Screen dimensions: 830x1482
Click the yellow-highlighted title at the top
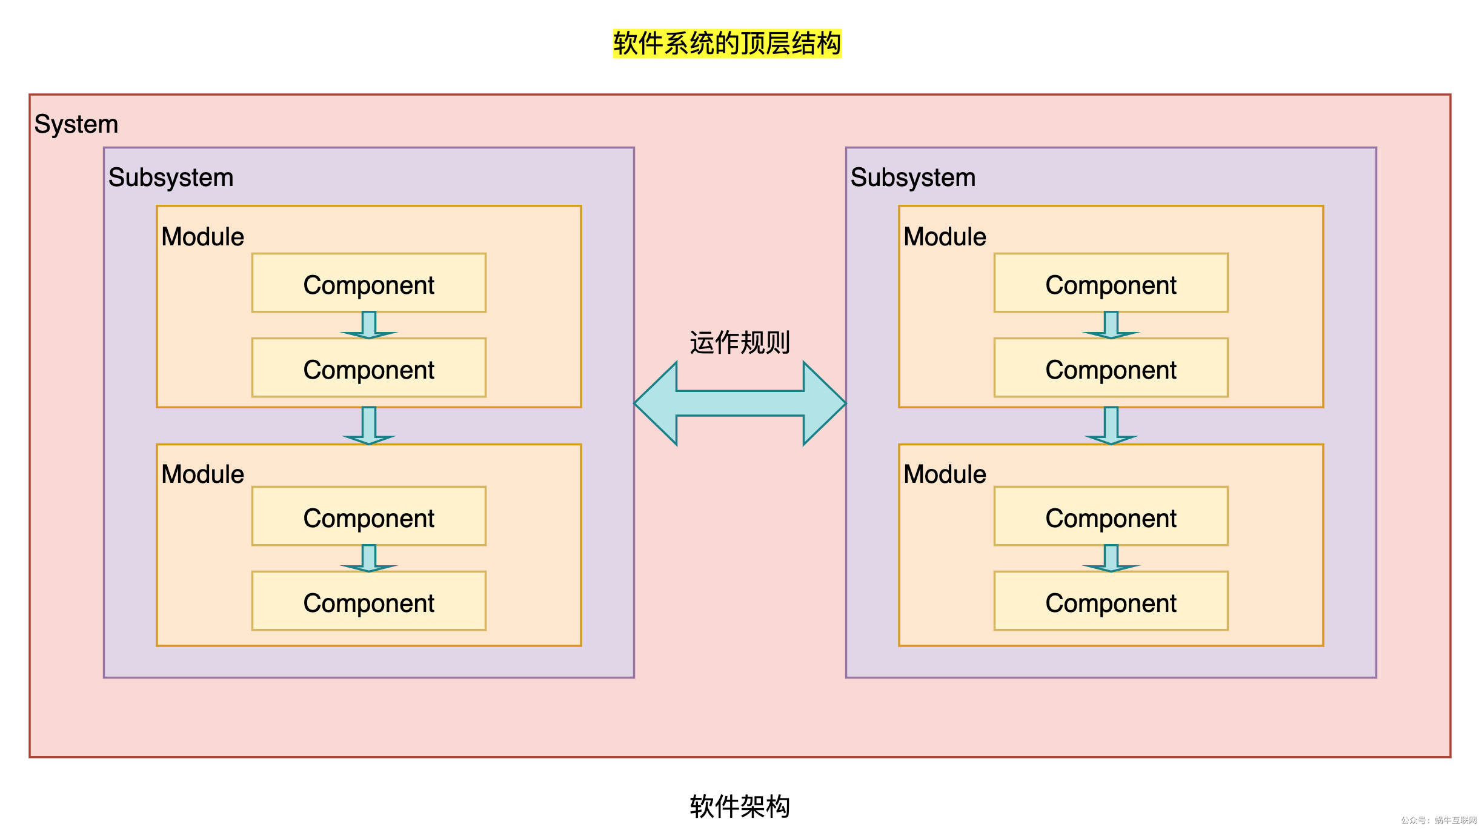(x=726, y=44)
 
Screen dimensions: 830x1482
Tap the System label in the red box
(x=76, y=124)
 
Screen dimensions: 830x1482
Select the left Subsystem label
(x=171, y=178)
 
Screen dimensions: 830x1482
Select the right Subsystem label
(x=913, y=178)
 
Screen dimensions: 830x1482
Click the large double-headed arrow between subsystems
(x=740, y=403)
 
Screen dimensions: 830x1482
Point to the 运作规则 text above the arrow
(x=740, y=343)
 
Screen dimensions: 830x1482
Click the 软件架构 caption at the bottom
(x=740, y=806)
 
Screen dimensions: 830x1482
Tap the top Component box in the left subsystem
(x=369, y=283)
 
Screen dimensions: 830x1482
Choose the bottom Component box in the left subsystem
(x=369, y=601)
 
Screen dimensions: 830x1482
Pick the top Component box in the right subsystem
(x=1111, y=283)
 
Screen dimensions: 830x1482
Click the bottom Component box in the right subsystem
(x=1111, y=601)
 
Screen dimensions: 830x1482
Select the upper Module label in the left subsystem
(x=202, y=237)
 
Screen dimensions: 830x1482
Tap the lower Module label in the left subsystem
(x=202, y=474)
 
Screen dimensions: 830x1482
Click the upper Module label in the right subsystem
(x=945, y=237)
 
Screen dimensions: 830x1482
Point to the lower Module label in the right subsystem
(x=945, y=474)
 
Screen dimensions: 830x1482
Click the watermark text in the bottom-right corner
(x=1438, y=820)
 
